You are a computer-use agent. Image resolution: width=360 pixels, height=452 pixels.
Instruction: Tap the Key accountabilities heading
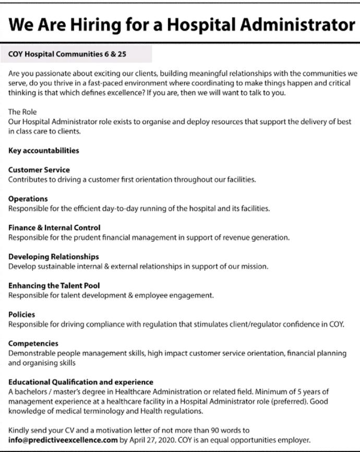coord(44,150)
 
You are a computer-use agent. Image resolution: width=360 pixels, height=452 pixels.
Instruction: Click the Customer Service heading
coord(39,170)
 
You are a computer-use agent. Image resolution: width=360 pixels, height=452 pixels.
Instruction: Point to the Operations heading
coord(28,199)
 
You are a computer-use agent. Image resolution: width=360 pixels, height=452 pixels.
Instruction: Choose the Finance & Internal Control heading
coord(54,228)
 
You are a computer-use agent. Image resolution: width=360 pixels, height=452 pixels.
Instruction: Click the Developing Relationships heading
coord(54,257)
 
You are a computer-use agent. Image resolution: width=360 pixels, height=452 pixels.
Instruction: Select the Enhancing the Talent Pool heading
coord(54,286)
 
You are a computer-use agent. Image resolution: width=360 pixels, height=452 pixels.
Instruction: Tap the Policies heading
coord(22,315)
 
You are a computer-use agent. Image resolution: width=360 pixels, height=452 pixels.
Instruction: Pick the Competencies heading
coord(33,343)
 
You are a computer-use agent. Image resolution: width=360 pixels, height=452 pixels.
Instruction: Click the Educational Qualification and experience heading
coord(81,382)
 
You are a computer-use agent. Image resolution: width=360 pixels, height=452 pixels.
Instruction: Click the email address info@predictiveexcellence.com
coord(63,440)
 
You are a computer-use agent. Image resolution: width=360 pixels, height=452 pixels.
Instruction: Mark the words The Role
coord(22,112)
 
